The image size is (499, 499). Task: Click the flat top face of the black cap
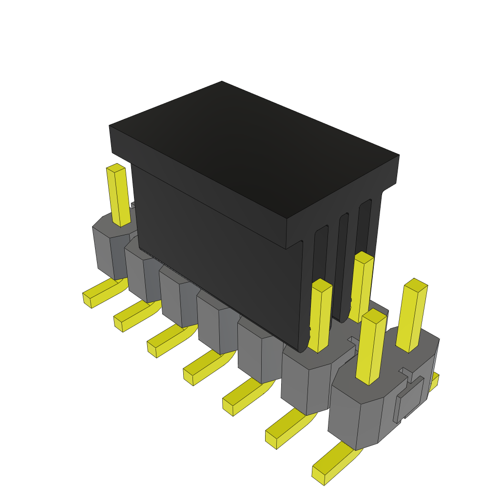click(x=253, y=146)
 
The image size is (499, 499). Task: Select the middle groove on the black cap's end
click(x=344, y=263)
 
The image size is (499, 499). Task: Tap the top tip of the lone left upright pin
click(x=116, y=168)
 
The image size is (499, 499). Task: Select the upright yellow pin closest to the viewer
click(x=371, y=348)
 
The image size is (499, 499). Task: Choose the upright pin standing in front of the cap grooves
click(x=361, y=288)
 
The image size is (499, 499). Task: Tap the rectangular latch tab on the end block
click(x=408, y=400)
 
